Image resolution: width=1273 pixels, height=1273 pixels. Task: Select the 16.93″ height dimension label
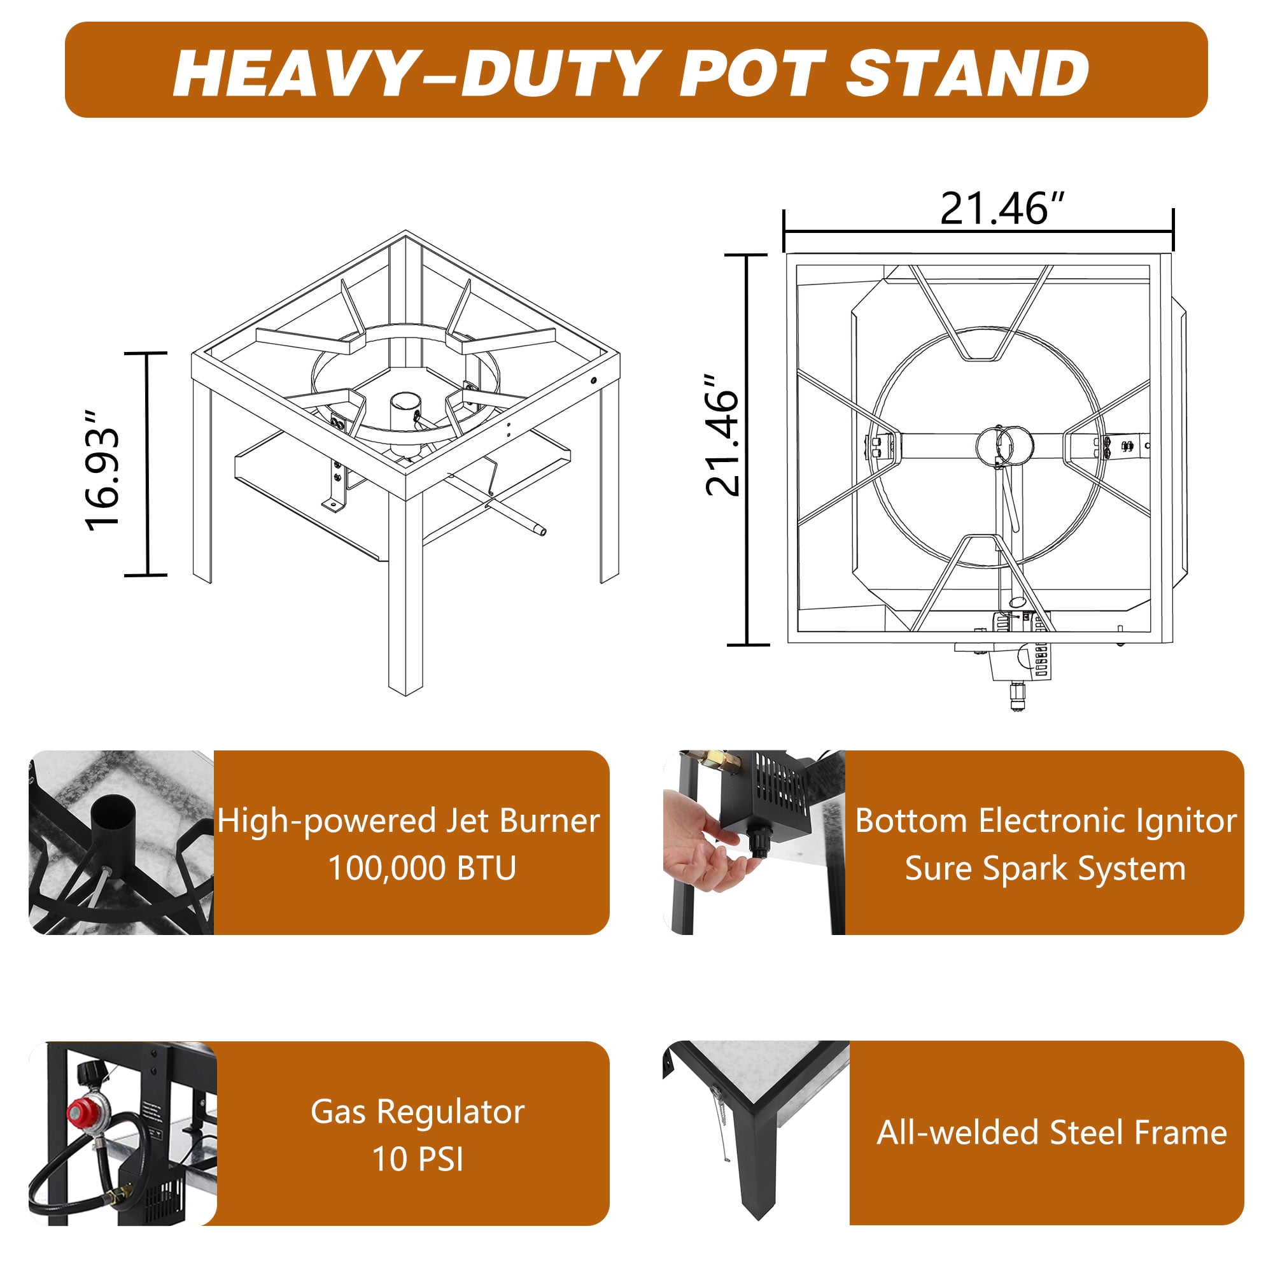tap(102, 469)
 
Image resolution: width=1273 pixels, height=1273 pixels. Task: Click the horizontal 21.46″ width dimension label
tap(1002, 209)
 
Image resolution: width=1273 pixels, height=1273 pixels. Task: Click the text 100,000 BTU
tap(423, 868)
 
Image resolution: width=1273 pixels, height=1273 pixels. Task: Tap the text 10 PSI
tap(418, 1158)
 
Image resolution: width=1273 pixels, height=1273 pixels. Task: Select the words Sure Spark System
tap(1045, 868)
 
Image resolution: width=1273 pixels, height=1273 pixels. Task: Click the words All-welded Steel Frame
tap(1051, 1132)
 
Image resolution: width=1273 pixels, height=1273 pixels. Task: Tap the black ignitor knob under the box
tap(759, 842)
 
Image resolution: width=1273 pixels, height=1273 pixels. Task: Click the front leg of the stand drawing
tap(405, 593)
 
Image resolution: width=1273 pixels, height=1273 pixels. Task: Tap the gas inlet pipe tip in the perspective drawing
tap(540, 530)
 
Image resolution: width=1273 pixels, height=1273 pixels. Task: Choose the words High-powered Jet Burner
tap(409, 821)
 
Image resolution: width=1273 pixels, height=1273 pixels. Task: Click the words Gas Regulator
tap(418, 1111)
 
